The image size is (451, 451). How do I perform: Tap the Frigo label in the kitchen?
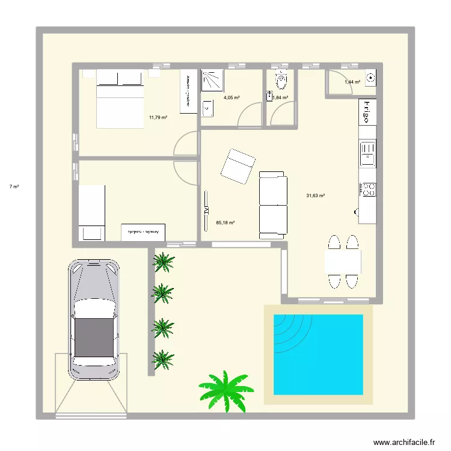point(367,112)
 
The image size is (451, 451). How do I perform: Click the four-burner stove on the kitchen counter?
point(367,189)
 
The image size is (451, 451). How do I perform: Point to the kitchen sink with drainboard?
point(367,153)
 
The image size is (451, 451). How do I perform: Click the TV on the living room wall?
point(206,203)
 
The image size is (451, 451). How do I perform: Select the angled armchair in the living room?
point(238,166)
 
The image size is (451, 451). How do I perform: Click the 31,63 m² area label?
point(316,195)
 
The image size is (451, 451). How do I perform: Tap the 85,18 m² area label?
point(225,222)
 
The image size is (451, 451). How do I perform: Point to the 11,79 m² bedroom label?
point(158,118)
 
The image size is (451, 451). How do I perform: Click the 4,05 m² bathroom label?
point(232,97)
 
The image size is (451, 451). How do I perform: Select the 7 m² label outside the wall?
point(13,187)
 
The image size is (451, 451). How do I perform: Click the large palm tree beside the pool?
point(227,391)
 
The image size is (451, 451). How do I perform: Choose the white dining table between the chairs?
point(343,261)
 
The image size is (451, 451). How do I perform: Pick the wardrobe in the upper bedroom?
point(188,90)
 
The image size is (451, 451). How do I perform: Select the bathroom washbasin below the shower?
point(207,109)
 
